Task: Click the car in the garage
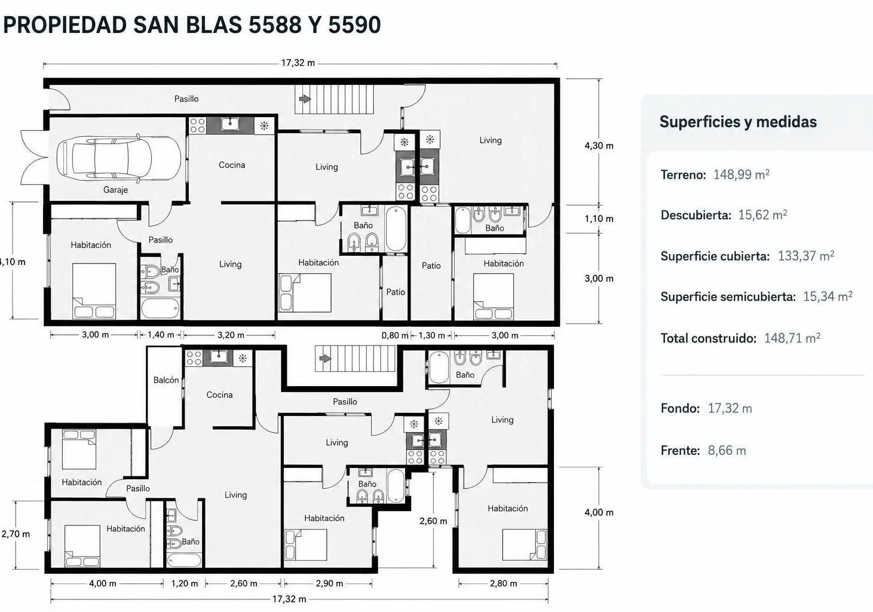[x=119, y=158]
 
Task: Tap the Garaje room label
[x=115, y=190]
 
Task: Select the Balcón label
[x=166, y=380]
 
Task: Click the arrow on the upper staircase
[x=305, y=99]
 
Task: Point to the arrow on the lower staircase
[x=326, y=358]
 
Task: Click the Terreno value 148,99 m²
[x=742, y=175]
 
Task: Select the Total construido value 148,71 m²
[x=792, y=338]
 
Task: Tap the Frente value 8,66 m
[x=727, y=450]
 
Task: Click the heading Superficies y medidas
[x=738, y=122]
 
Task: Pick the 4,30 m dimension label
[x=599, y=146]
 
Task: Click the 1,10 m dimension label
[x=599, y=219]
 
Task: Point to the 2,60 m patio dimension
[x=433, y=521]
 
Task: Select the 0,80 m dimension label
[x=395, y=335]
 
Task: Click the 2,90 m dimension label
[x=329, y=583]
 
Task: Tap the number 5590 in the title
[x=355, y=25]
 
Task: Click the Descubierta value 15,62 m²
[x=762, y=215]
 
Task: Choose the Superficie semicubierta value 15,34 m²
[x=828, y=296]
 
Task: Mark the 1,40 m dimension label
[x=161, y=335]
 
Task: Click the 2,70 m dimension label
[x=16, y=534]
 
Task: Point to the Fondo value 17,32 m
[x=730, y=408]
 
